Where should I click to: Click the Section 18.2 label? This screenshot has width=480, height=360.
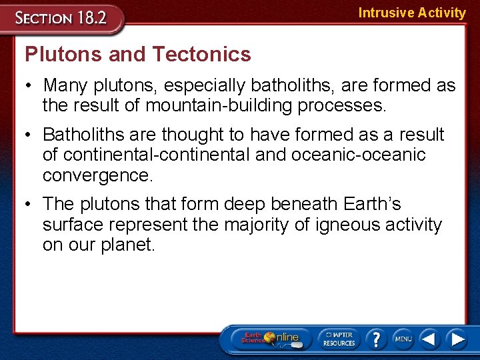(x=61, y=17)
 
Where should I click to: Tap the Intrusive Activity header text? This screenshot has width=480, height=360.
(x=411, y=13)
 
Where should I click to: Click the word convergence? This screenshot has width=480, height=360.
(x=97, y=175)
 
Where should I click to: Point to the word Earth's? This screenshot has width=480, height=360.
(x=371, y=204)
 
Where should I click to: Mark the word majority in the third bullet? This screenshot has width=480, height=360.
(x=257, y=225)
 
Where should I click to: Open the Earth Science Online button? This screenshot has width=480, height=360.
(x=271, y=339)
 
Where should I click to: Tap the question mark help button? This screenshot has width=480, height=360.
(x=376, y=339)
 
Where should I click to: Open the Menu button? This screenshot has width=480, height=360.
(x=403, y=339)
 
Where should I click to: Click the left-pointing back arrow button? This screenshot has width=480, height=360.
(x=429, y=339)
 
